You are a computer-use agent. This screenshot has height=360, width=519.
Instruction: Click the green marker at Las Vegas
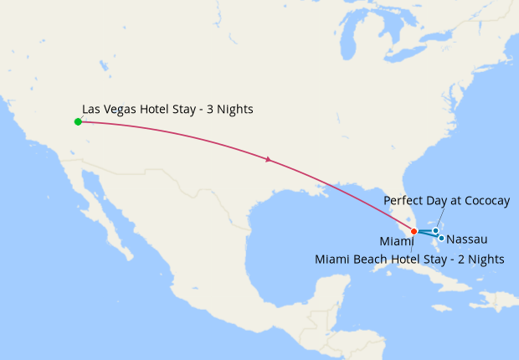click(78, 121)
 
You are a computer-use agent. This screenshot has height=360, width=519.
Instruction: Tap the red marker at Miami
click(414, 231)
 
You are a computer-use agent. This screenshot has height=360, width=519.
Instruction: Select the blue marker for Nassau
click(441, 238)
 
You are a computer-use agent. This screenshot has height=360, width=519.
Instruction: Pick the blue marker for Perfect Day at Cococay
click(436, 230)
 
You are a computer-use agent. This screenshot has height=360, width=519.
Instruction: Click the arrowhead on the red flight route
click(267, 159)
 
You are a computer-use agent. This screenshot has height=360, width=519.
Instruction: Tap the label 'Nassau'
click(467, 239)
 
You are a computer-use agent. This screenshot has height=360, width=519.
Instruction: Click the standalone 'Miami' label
click(409, 242)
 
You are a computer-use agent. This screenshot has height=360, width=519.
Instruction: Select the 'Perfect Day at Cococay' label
click(446, 202)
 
